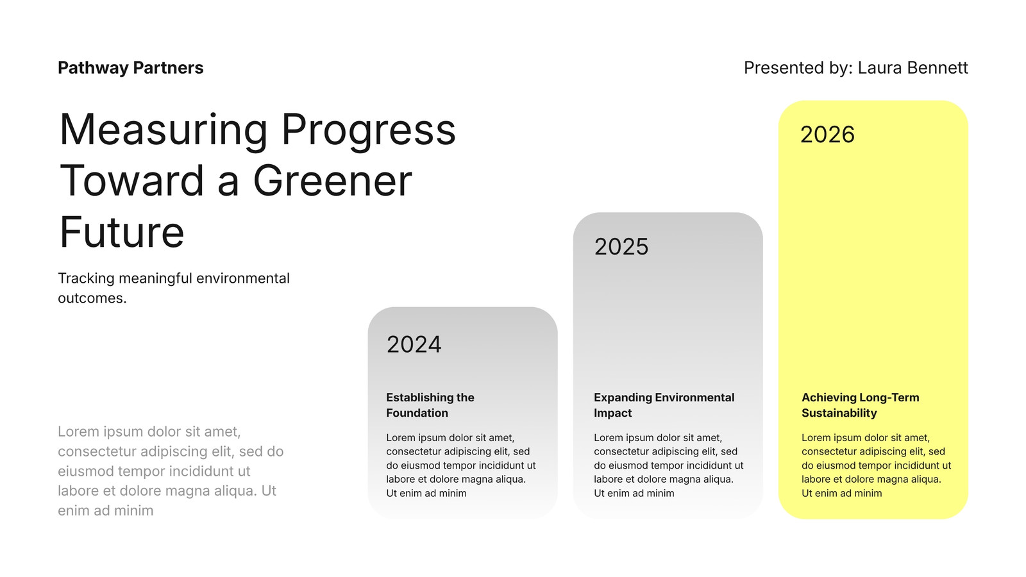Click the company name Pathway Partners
click(131, 68)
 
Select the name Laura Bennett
click(912, 68)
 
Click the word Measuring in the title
click(163, 131)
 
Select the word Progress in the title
click(369, 131)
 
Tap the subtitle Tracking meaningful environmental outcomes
click(174, 288)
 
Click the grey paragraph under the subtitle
click(171, 471)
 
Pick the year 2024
click(414, 344)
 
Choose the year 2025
click(621, 246)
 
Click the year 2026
click(827, 135)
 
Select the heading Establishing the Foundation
click(430, 405)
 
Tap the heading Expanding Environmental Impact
click(664, 405)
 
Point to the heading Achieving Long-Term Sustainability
click(860, 405)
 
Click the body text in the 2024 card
click(461, 465)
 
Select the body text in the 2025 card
click(669, 465)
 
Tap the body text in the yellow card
click(876, 465)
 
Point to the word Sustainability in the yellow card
click(839, 413)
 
